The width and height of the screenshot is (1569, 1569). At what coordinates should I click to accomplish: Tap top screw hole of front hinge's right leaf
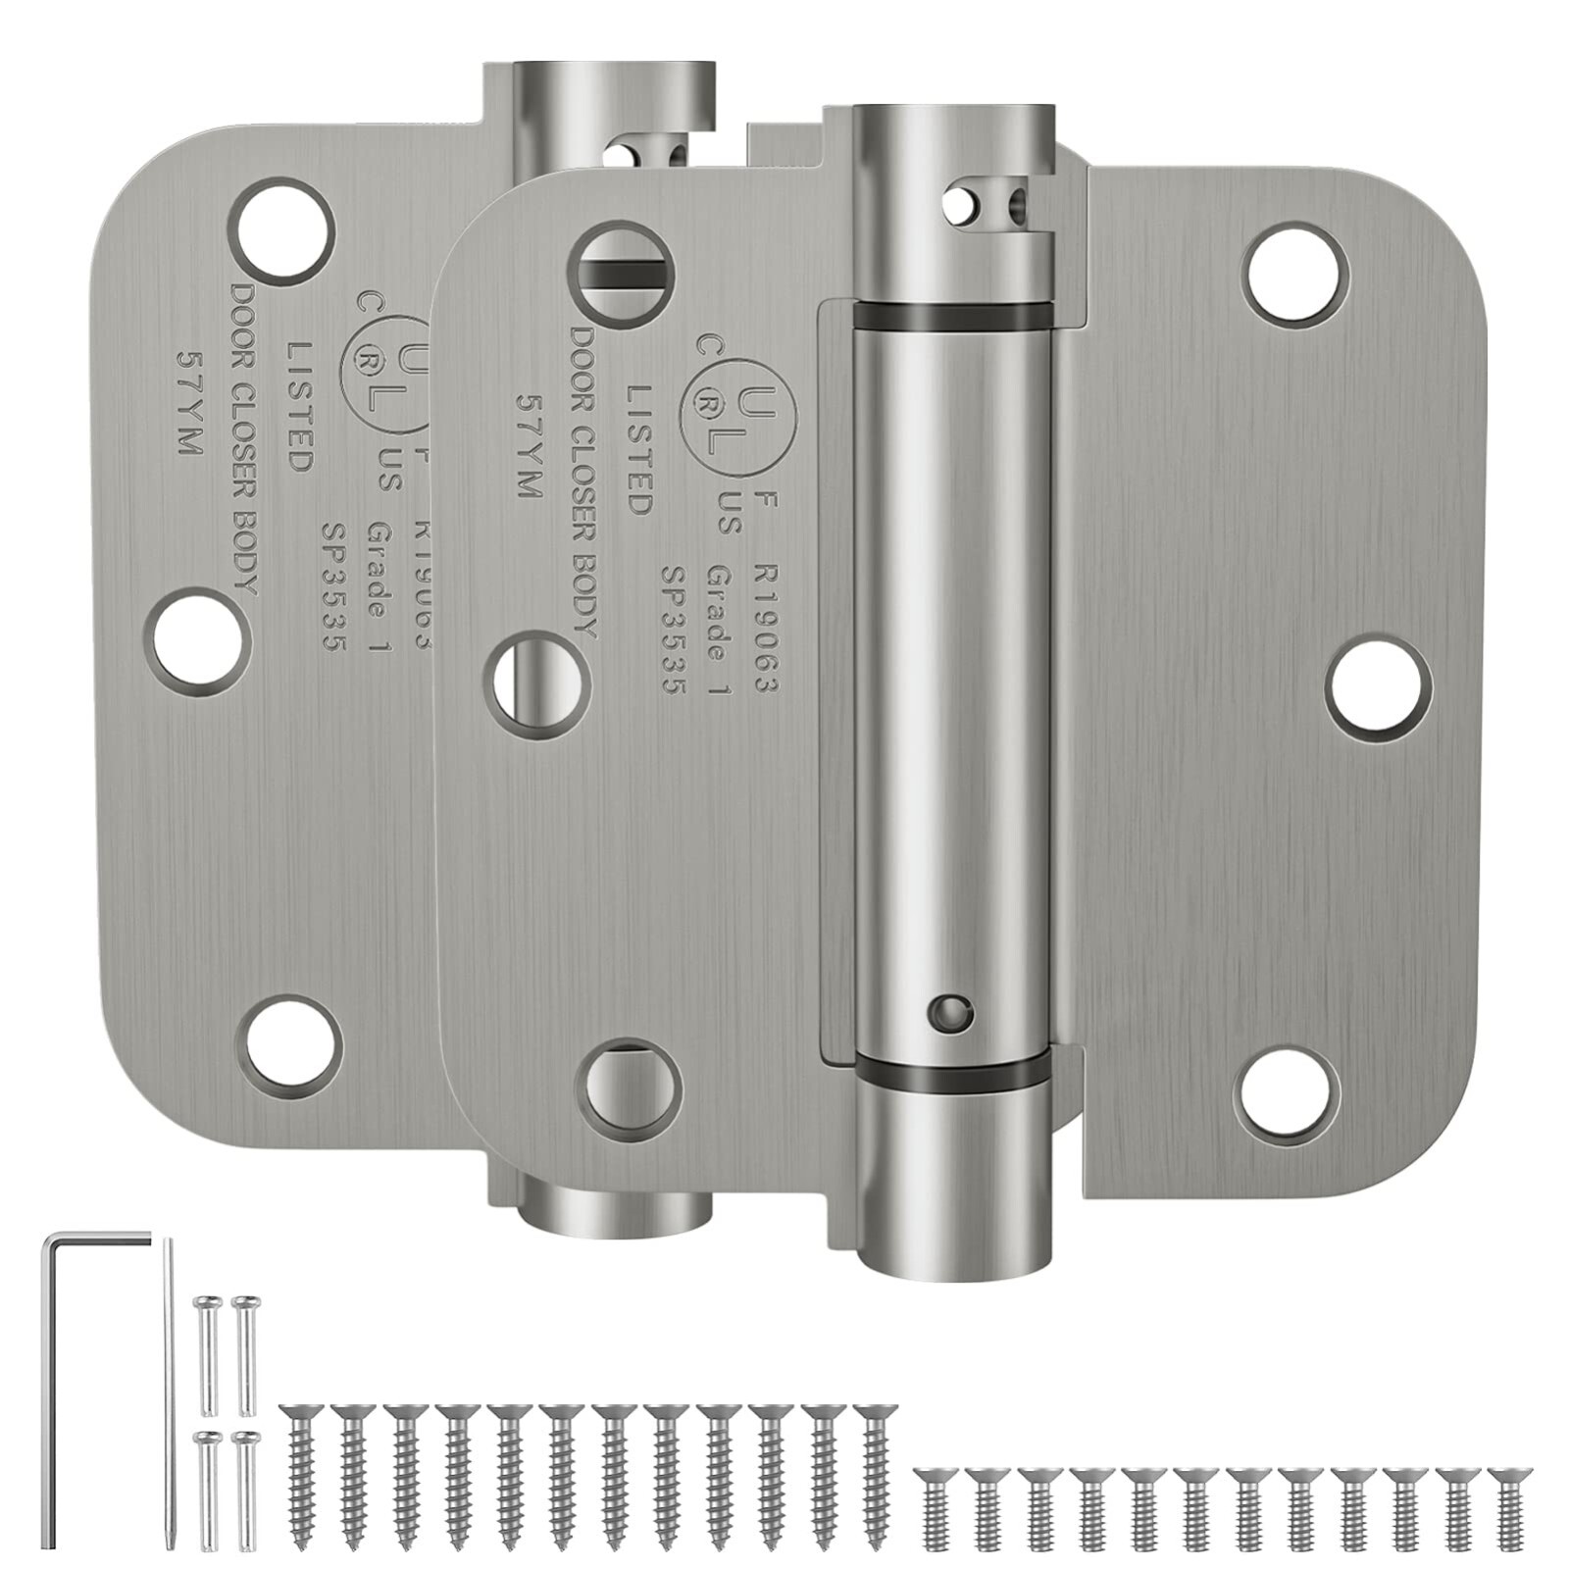(x=1296, y=266)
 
